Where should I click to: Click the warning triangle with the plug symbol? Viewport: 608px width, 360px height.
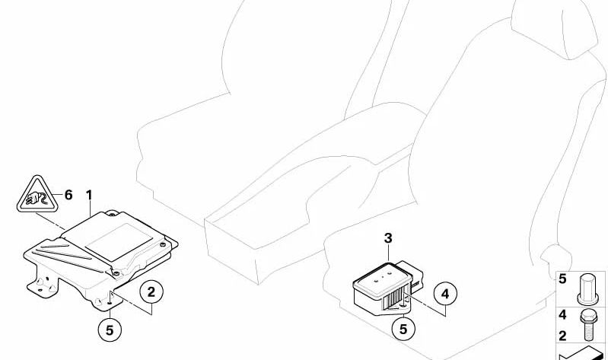pos(37,195)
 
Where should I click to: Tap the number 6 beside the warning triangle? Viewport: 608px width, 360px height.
pos(68,195)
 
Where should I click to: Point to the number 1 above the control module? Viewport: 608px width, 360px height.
pos(90,195)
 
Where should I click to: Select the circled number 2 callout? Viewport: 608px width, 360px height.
pos(151,292)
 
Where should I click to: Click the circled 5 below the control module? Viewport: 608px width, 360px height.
pos(110,330)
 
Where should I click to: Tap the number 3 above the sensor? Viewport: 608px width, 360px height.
pos(388,238)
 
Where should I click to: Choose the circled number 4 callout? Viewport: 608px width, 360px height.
pos(445,294)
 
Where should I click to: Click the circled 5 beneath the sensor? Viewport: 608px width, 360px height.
pos(403,329)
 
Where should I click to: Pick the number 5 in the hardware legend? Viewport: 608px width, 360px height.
pos(562,279)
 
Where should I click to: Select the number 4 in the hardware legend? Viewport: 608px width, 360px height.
pos(562,314)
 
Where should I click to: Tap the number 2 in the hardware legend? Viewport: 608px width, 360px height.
pos(562,336)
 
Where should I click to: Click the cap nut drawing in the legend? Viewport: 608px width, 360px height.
pos(588,289)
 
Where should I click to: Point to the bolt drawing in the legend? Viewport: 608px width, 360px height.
pos(588,325)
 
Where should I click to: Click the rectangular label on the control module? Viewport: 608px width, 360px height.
pos(119,242)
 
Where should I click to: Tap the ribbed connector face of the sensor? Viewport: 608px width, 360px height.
pos(395,298)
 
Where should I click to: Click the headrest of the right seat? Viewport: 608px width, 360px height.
pos(555,27)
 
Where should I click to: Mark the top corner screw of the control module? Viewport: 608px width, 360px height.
pos(112,213)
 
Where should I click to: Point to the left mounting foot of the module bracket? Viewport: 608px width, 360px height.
pos(43,286)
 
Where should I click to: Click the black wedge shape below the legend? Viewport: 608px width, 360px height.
pos(581,354)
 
